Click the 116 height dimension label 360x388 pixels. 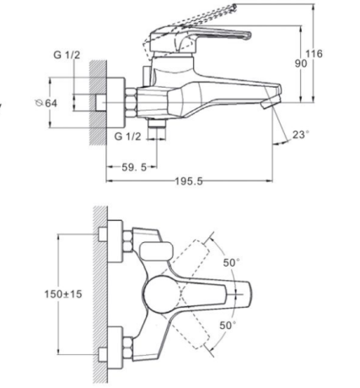point(314,53)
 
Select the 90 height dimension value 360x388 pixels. point(301,64)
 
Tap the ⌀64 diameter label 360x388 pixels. point(46,103)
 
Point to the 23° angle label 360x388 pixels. point(300,135)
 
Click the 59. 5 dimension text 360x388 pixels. point(134,168)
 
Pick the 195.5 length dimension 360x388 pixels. point(189,181)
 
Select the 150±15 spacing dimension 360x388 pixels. point(63,294)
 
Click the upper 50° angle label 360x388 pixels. point(232,262)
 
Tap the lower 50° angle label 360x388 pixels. point(228,326)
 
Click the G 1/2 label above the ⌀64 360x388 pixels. point(67,55)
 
